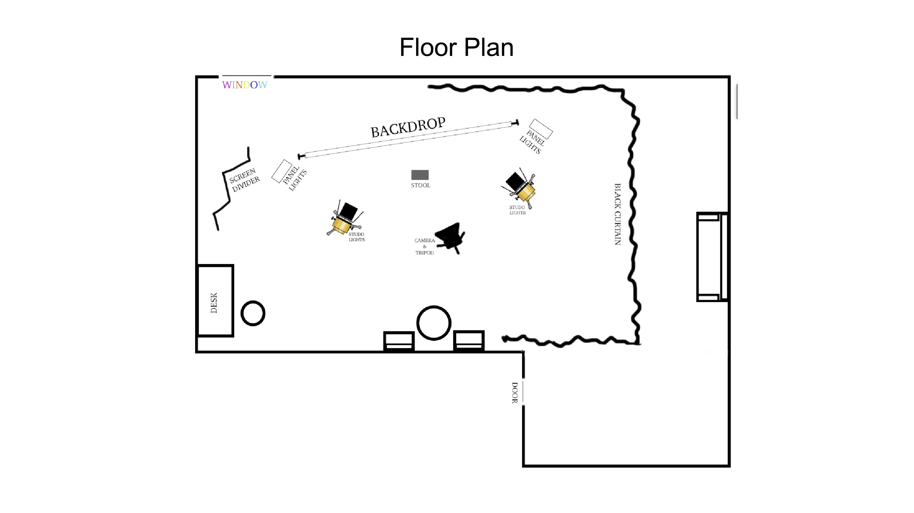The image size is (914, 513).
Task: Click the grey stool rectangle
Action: coord(420,175)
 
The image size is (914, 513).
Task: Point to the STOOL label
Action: coord(420,185)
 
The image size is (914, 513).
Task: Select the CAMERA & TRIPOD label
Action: coord(424,246)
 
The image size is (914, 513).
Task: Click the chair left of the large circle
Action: coord(399,341)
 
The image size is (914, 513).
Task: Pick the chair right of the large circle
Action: coord(469,340)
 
